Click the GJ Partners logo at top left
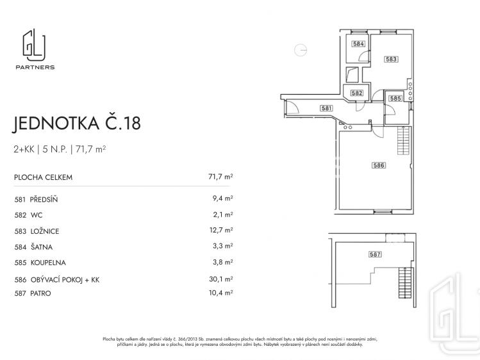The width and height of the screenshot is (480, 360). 38,50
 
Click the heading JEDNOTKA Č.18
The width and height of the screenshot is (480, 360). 77,124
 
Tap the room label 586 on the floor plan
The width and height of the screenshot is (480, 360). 378,165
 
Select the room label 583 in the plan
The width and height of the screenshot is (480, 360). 391,60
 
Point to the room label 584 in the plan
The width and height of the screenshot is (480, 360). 358,44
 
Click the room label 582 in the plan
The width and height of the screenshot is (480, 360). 357,93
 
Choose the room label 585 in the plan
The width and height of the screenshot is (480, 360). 395,99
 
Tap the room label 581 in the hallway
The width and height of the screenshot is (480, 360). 326,108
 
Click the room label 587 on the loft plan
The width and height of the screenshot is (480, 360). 375,254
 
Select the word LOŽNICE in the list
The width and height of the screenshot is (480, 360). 44,231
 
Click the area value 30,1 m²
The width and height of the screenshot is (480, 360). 221,279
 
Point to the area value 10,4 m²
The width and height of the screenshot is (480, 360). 221,293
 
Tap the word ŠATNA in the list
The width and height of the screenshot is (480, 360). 40,247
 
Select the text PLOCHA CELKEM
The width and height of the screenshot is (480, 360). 43,177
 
